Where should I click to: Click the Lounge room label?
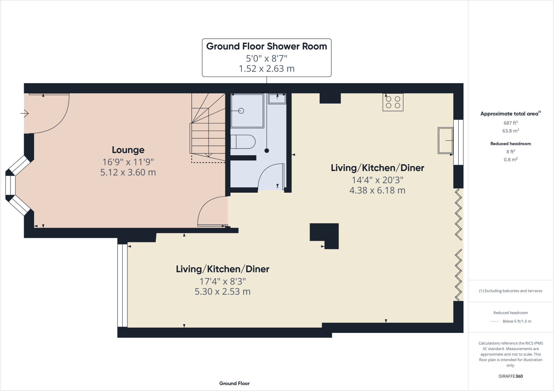pyautogui.click(x=128, y=150)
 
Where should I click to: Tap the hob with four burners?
pyautogui.click(x=393, y=102)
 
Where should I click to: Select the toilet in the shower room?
pyautogui.click(x=243, y=142)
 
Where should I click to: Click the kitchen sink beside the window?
pyautogui.click(x=445, y=141)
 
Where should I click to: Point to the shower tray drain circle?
pyautogui.click(x=241, y=111)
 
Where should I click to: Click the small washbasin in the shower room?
pyautogui.click(x=277, y=99)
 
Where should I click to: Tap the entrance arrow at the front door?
pyautogui.click(x=25, y=113)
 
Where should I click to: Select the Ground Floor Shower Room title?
pyautogui.click(x=266, y=46)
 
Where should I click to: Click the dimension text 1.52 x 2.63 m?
pyautogui.click(x=266, y=69)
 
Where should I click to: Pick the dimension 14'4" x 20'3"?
pyautogui.click(x=377, y=180)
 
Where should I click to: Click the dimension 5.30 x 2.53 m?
pyautogui.click(x=222, y=291)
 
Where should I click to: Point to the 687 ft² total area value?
pyautogui.click(x=510, y=123)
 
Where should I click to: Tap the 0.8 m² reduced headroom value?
pyautogui.click(x=510, y=160)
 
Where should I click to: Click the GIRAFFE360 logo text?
pyautogui.click(x=510, y=376)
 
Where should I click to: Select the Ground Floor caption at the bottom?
pyautogui.click(x=234, y=383)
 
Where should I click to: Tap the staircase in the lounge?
pyautogui.click(x=208, y=130)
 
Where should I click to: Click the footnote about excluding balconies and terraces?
pyautogui.click(x=510, y=291)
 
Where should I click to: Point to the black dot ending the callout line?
pyautogui.click(x=267, y=151)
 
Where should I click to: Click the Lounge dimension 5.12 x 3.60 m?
pyautogui.click(x=128, y=172)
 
